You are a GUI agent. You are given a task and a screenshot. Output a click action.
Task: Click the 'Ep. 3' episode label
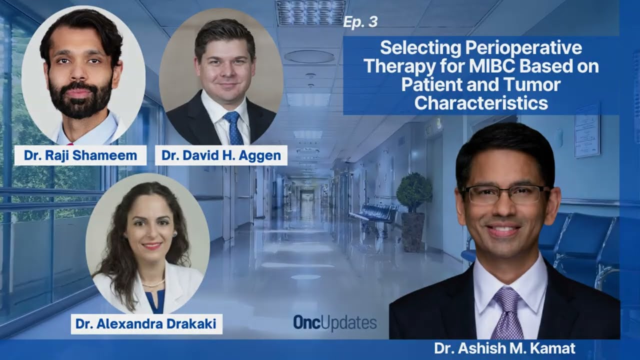tap(360, 22)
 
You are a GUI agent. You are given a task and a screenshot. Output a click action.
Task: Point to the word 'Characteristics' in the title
tap(481, 103)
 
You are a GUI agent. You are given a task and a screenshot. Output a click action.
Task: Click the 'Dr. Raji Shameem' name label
tap(80, 155)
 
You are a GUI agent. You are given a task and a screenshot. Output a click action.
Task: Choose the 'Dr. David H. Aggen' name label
tap(221, 155)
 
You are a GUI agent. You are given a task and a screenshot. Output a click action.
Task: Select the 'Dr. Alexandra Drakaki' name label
tap(146, 324)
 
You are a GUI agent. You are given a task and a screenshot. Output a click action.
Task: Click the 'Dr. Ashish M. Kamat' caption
tap(505, 348)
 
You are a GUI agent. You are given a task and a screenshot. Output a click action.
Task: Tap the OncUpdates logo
tap(335, 323)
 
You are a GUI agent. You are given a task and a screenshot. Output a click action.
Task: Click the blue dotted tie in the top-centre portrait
tap(233, 128)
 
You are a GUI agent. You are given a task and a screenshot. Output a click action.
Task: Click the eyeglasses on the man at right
tap(504, 195)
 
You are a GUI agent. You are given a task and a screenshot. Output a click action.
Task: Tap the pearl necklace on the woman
tap(153, 283)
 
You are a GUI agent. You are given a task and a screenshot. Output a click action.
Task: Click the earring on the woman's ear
tap(174, 234)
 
